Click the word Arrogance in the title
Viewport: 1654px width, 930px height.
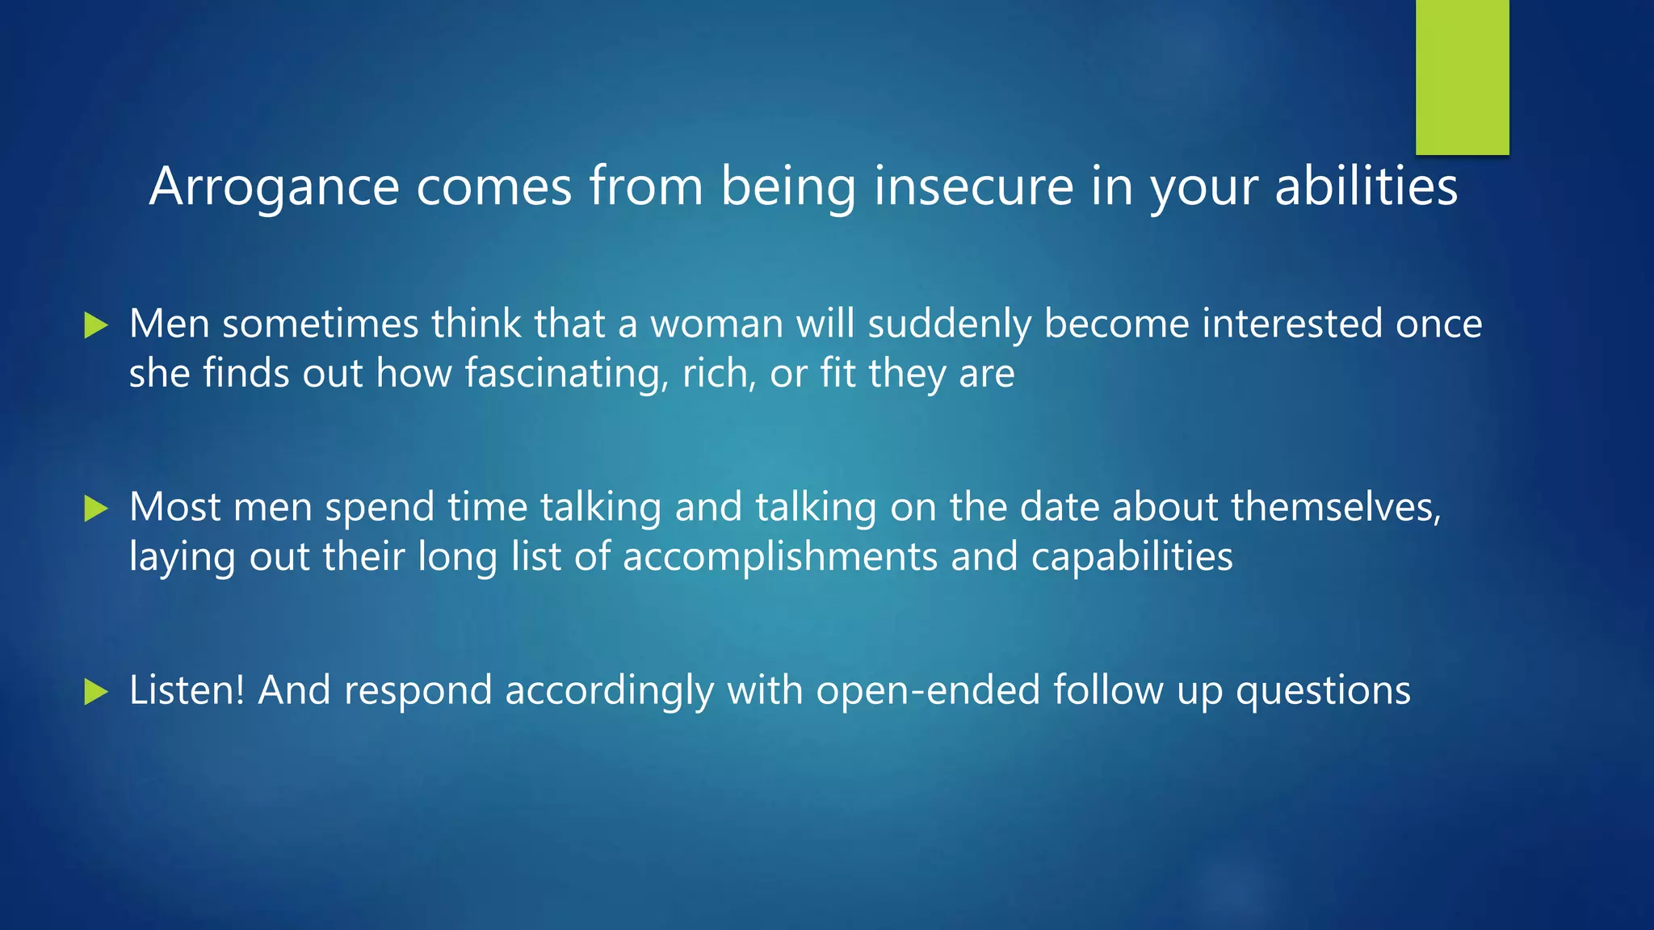tap(275, 187)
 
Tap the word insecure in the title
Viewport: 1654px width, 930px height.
tap(973, 187)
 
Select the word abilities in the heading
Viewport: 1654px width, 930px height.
tap(1366, 187)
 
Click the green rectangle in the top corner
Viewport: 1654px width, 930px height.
tap(1462, 77)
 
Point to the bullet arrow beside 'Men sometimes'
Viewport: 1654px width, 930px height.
tap(96, 326)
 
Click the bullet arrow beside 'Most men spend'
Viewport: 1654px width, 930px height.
tap(96, 509)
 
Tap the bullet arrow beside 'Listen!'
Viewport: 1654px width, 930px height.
tap(96, 692)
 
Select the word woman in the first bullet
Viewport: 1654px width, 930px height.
tap(716, 325)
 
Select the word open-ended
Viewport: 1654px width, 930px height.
tap(927, 691)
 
